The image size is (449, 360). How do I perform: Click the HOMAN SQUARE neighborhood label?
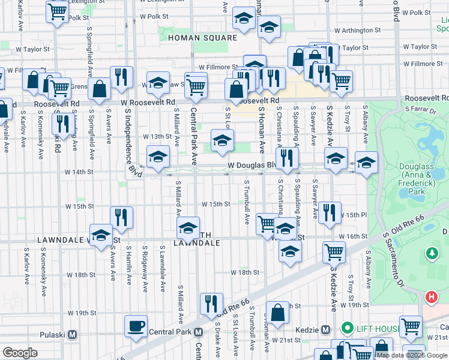[x=194, y=38]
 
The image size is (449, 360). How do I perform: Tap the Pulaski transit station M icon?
[x=73, y=334]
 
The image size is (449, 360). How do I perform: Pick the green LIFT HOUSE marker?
[x=346, y=328]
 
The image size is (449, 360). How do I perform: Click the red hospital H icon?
[x=430, y=296]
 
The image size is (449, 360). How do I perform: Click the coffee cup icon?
[x=136, y=326]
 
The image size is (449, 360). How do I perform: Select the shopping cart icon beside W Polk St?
[x=57, y=10]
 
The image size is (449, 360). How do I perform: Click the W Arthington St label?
[x=357, y=30]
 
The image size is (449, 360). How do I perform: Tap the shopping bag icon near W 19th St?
[x=278, y=313]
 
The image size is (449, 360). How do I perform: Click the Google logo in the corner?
[x=20, y=353]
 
